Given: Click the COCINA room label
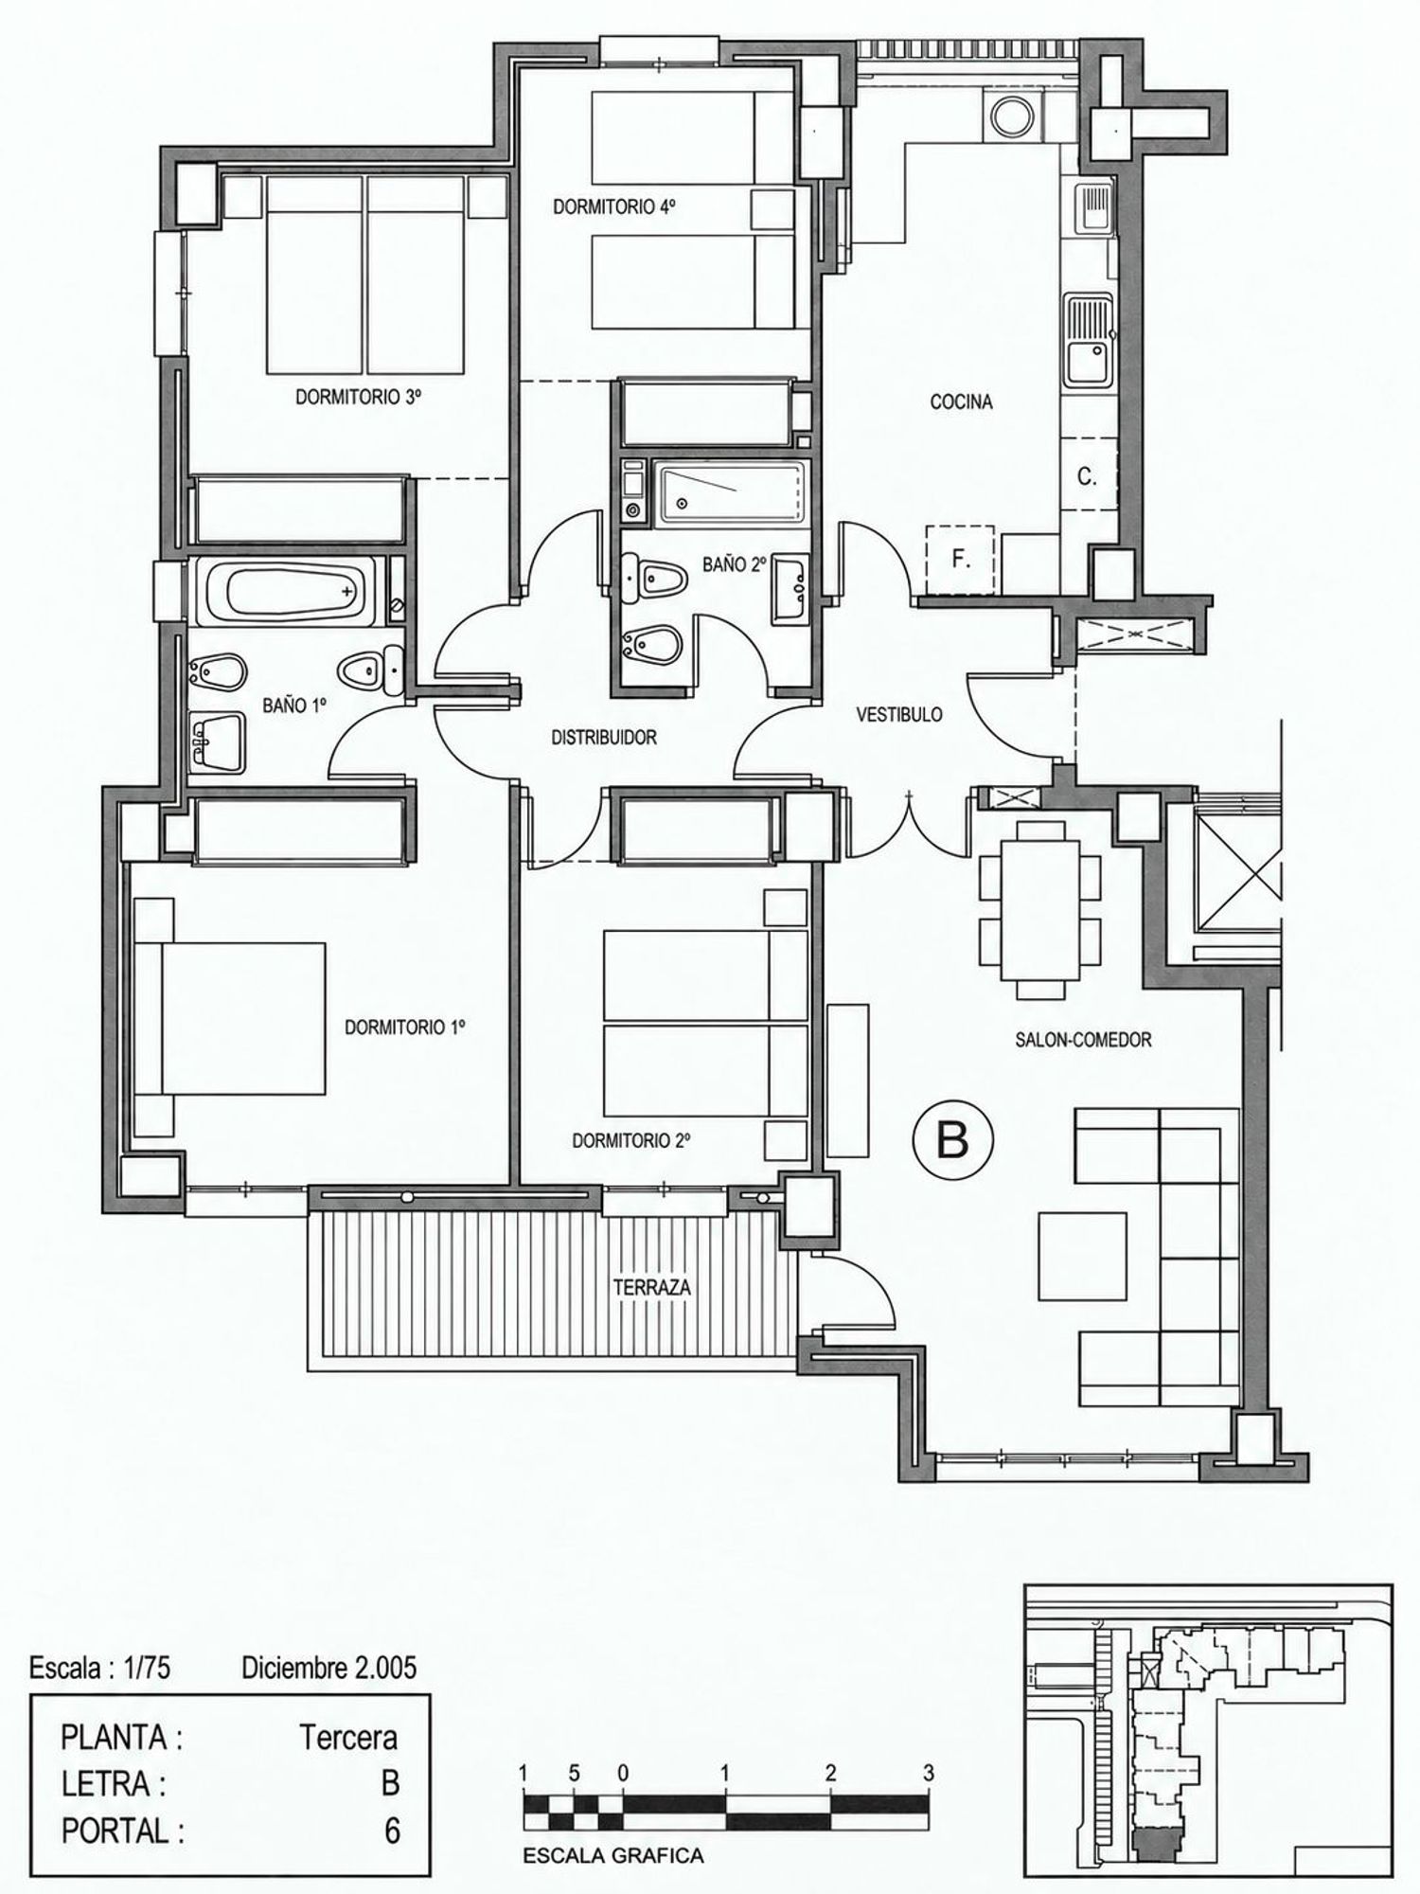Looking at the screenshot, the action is pos(961,402).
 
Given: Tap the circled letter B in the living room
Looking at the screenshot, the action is pos(952,1141).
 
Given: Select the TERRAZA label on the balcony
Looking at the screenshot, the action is pos(651,1288).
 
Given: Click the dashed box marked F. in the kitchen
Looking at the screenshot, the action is pos(960,560).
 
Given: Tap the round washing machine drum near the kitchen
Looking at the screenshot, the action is pos(1008,115).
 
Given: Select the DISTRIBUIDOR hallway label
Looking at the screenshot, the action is pos(604,738).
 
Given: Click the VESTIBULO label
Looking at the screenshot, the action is pos(899,715).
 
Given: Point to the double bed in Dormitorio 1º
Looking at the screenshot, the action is pos(243,1018).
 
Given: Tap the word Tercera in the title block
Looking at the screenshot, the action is pos(348,1738).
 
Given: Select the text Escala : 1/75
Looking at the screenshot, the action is pos(100,1668).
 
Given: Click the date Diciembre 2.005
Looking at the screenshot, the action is pos(328,1668).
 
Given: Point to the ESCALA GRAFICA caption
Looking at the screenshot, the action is pos(613,1856).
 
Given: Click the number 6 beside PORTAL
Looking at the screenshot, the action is pos(391,1831).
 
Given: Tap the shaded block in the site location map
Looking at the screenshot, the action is pos(1156,1839).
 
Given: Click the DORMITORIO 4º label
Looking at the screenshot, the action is pos(614,206).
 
